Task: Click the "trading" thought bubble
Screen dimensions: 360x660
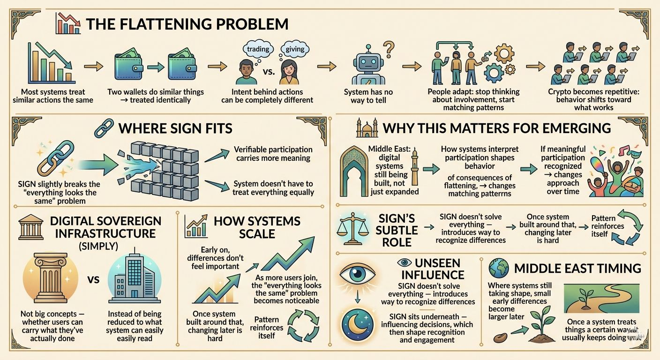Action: tap(258, 49)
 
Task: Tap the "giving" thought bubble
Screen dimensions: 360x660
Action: tap(294, 49)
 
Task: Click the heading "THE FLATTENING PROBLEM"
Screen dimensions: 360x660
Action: tap(187, 24)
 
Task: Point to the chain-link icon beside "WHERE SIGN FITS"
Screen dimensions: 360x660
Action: tap(103, 127)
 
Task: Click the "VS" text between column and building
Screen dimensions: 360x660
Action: tap(93, 280)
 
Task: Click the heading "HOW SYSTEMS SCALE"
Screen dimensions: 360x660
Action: tap(257, 227)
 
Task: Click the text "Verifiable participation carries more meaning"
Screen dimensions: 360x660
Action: tap(274, 154)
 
